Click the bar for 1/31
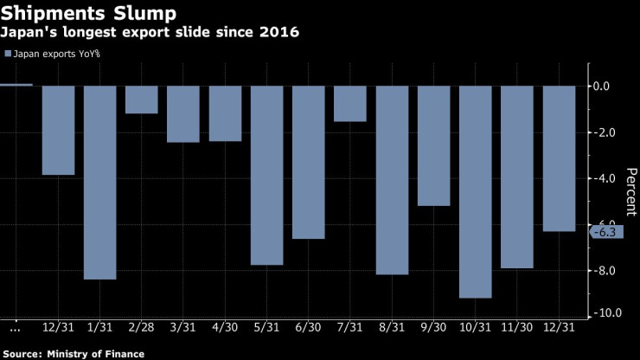pos(99,182)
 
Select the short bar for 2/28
pos(141,100)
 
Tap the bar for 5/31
pos(266,175)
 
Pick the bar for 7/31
pos(349,104)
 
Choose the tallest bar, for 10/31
pos(475,191)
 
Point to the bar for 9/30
pos(433,145)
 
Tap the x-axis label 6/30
pos(308,329)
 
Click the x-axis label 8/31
pos(392,329)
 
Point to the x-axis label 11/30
pos(517,329)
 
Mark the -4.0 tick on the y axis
pos(601,178)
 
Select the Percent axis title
pos(630,191)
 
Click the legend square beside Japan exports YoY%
pos(9,54)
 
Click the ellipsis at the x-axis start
pos(15,330)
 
